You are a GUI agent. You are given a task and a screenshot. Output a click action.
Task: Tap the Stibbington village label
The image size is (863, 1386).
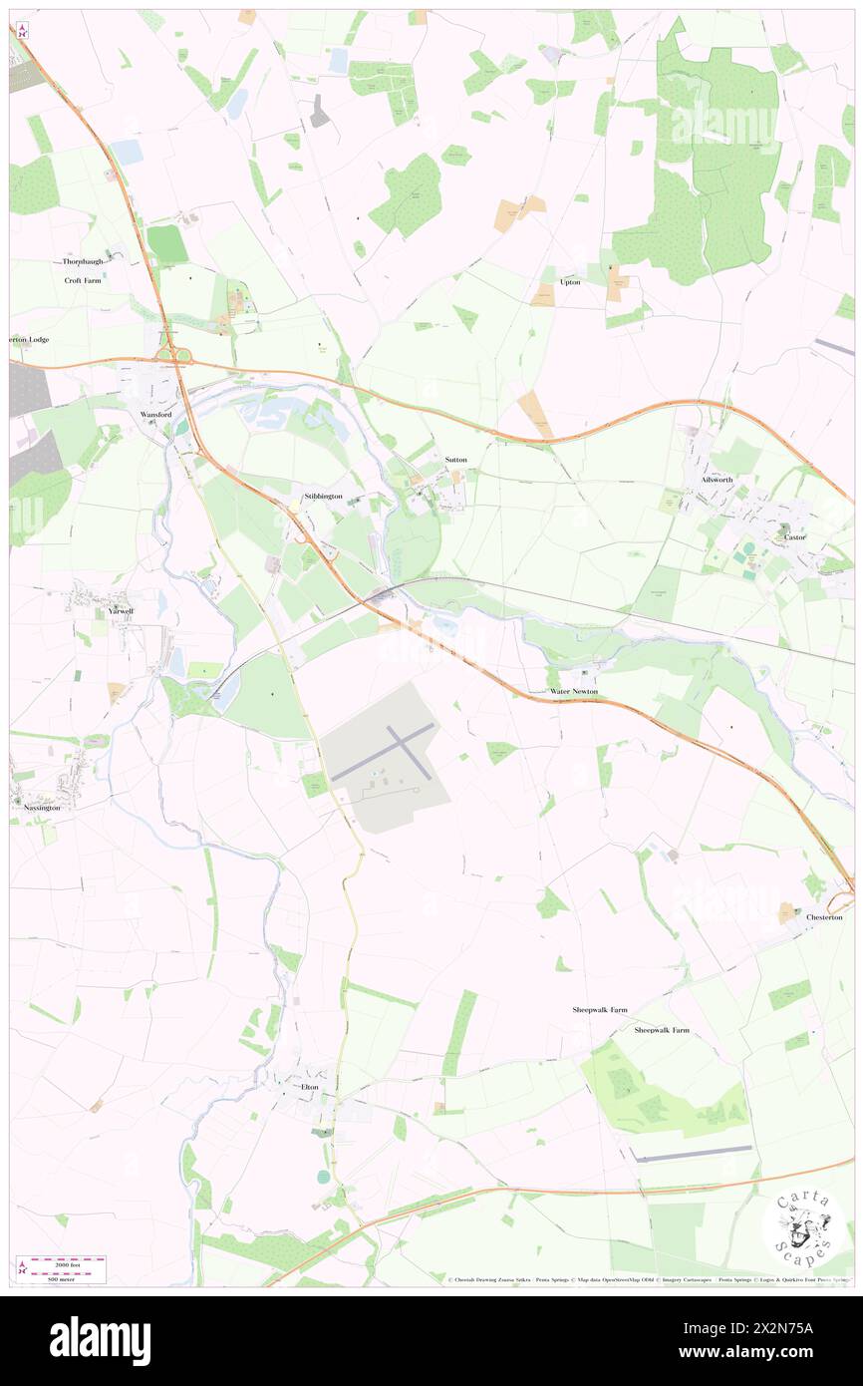(323, 495)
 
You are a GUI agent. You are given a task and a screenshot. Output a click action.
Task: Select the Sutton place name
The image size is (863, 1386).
(456, 460)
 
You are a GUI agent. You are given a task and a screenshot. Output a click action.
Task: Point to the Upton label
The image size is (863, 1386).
(570, 282)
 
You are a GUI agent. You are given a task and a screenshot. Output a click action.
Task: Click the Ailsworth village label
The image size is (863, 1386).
(716, 480)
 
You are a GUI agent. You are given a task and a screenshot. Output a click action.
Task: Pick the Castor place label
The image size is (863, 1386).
(794, 537)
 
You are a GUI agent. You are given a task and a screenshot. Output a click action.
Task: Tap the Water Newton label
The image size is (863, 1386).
(574, 691)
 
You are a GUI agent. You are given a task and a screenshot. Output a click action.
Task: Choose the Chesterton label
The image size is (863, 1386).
(824, 917)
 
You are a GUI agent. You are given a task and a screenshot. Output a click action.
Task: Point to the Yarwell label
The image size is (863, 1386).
(121, 610)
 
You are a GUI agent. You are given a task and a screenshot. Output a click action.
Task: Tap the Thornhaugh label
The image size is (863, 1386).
(83, 261)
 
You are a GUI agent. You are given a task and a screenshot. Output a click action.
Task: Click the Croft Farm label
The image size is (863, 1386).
(83, 281)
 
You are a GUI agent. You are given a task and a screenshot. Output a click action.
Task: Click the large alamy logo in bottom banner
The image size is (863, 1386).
(100, 1340)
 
